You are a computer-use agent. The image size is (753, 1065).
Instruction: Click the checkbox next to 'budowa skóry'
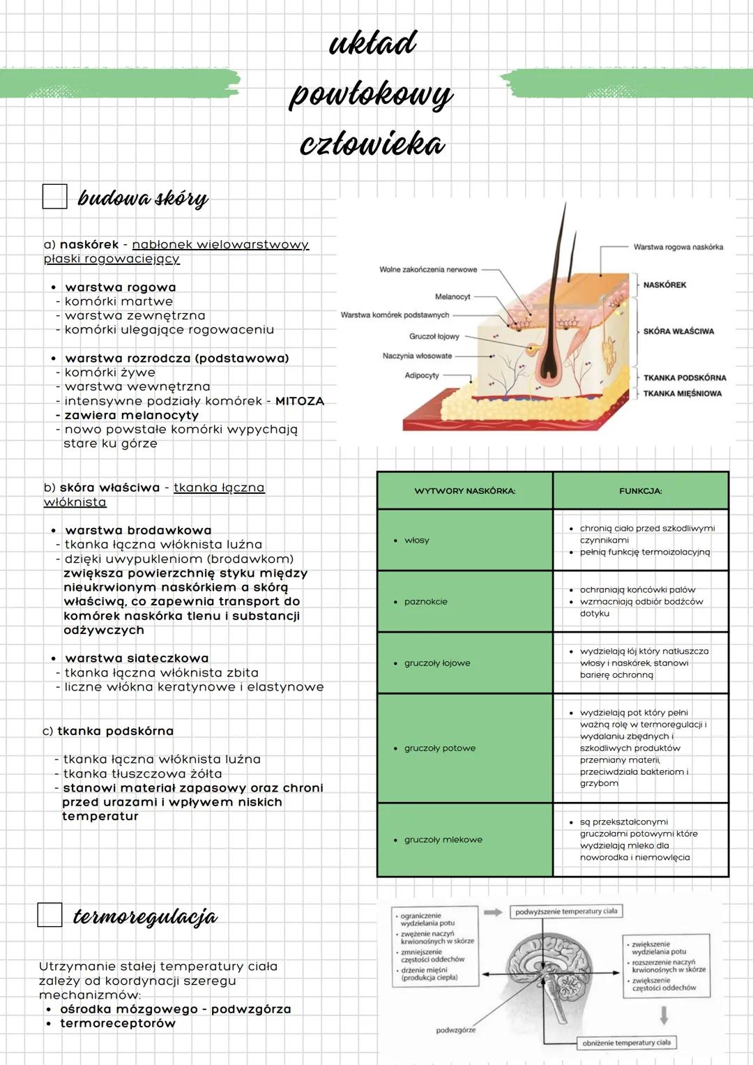coord(55,197)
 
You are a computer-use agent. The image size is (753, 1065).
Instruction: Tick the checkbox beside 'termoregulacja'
coord(50,914)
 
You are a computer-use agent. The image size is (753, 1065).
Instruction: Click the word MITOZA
coord(300,401)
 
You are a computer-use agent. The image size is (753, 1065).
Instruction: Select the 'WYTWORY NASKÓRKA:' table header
coord(465,491)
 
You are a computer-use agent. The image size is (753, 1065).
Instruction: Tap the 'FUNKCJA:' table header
coord(640,491)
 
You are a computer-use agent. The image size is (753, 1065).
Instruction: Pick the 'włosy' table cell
coord(417,541)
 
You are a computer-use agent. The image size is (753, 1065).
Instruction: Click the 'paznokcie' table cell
coord(425,601)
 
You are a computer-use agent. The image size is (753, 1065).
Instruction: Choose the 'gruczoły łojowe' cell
coord(437,663)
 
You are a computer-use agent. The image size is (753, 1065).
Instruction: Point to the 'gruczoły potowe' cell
coord(440,748)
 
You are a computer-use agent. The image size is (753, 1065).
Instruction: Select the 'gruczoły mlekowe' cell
coord(443,840)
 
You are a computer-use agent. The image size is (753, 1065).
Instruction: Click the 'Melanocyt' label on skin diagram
coord(452,297)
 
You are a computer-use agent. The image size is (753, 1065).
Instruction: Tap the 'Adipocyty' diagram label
coord(422,375)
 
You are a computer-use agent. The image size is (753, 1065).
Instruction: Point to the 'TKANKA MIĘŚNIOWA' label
coord(682,393)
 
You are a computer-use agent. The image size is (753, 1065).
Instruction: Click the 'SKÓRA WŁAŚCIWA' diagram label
coord(678,331)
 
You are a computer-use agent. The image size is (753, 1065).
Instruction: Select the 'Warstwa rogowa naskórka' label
coord(678,247)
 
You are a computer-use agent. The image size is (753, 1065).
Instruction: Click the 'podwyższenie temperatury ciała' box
coord(566,912)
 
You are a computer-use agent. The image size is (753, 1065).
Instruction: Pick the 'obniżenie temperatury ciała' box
coord(626,1043)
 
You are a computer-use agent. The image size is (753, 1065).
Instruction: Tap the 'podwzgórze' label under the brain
coord(456,1030)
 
